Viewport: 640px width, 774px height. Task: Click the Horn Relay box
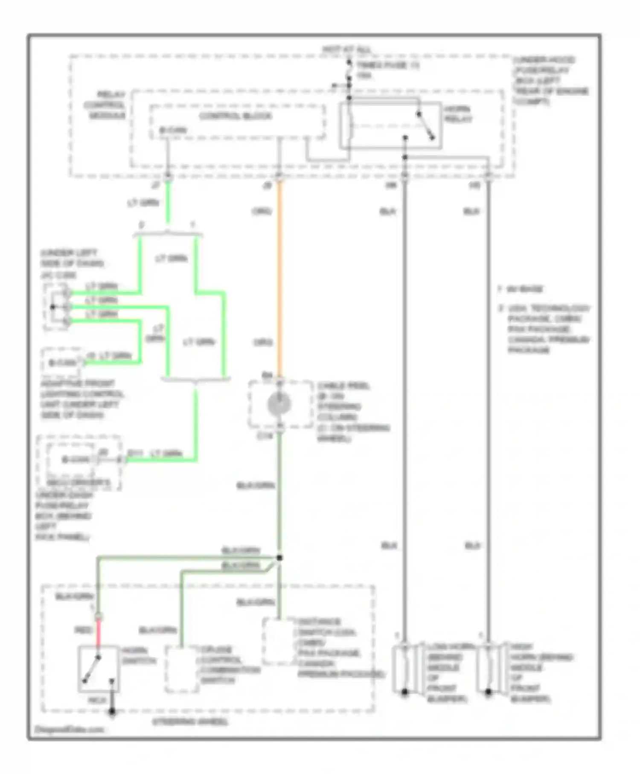(390, 125)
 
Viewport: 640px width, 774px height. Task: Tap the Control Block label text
(236, 116)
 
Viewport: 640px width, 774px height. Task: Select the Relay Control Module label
(105, 105)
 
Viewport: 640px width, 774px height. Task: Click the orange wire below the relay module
(279, 277)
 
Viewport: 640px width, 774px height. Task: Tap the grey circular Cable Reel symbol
(279, 404)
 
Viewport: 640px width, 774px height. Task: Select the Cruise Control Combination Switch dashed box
(182, 669)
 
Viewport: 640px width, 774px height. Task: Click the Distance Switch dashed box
(279, 641)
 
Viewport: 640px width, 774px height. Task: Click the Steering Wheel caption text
(190, 722)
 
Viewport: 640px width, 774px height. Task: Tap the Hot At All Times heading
(346, 50)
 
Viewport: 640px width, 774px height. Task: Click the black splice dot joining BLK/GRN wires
(279, 558)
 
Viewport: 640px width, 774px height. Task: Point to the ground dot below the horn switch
(112, 711)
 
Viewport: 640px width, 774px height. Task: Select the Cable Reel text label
(344, 386)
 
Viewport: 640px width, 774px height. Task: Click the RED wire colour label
(84, 630)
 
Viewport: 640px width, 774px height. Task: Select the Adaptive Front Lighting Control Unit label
(81, 399)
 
